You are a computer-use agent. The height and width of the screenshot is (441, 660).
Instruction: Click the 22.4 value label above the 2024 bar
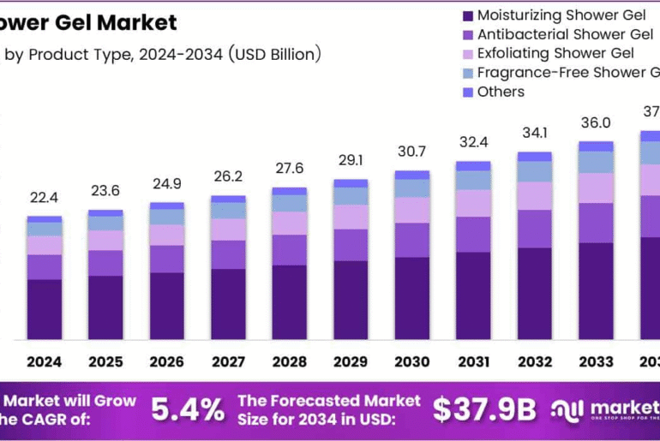[44, 198]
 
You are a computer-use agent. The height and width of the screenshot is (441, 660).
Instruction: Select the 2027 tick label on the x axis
[228, 362]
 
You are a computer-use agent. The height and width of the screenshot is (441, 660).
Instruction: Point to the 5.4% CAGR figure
[189, 410]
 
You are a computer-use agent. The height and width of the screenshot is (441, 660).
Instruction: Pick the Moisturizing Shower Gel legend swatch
[467, 15]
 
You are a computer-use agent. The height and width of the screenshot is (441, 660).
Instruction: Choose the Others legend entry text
[501, 92]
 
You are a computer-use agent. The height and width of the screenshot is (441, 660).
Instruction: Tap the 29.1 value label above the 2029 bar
[351, 160]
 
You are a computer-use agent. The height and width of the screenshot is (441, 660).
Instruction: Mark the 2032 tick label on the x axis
[535, 362]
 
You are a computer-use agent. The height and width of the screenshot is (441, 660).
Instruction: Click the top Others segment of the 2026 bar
[166, 206]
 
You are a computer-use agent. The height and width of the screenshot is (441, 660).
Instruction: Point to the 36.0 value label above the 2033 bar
[596, 122]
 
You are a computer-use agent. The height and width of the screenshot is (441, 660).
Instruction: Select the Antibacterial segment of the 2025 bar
[105, 263]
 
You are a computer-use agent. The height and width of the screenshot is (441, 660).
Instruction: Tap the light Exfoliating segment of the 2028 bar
[290, 223]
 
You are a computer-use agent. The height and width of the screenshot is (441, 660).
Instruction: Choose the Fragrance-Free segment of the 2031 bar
[473, 180]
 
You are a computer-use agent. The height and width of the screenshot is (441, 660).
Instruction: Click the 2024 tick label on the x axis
[44, 362]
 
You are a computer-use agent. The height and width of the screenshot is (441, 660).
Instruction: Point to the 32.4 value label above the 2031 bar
[473, 142]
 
